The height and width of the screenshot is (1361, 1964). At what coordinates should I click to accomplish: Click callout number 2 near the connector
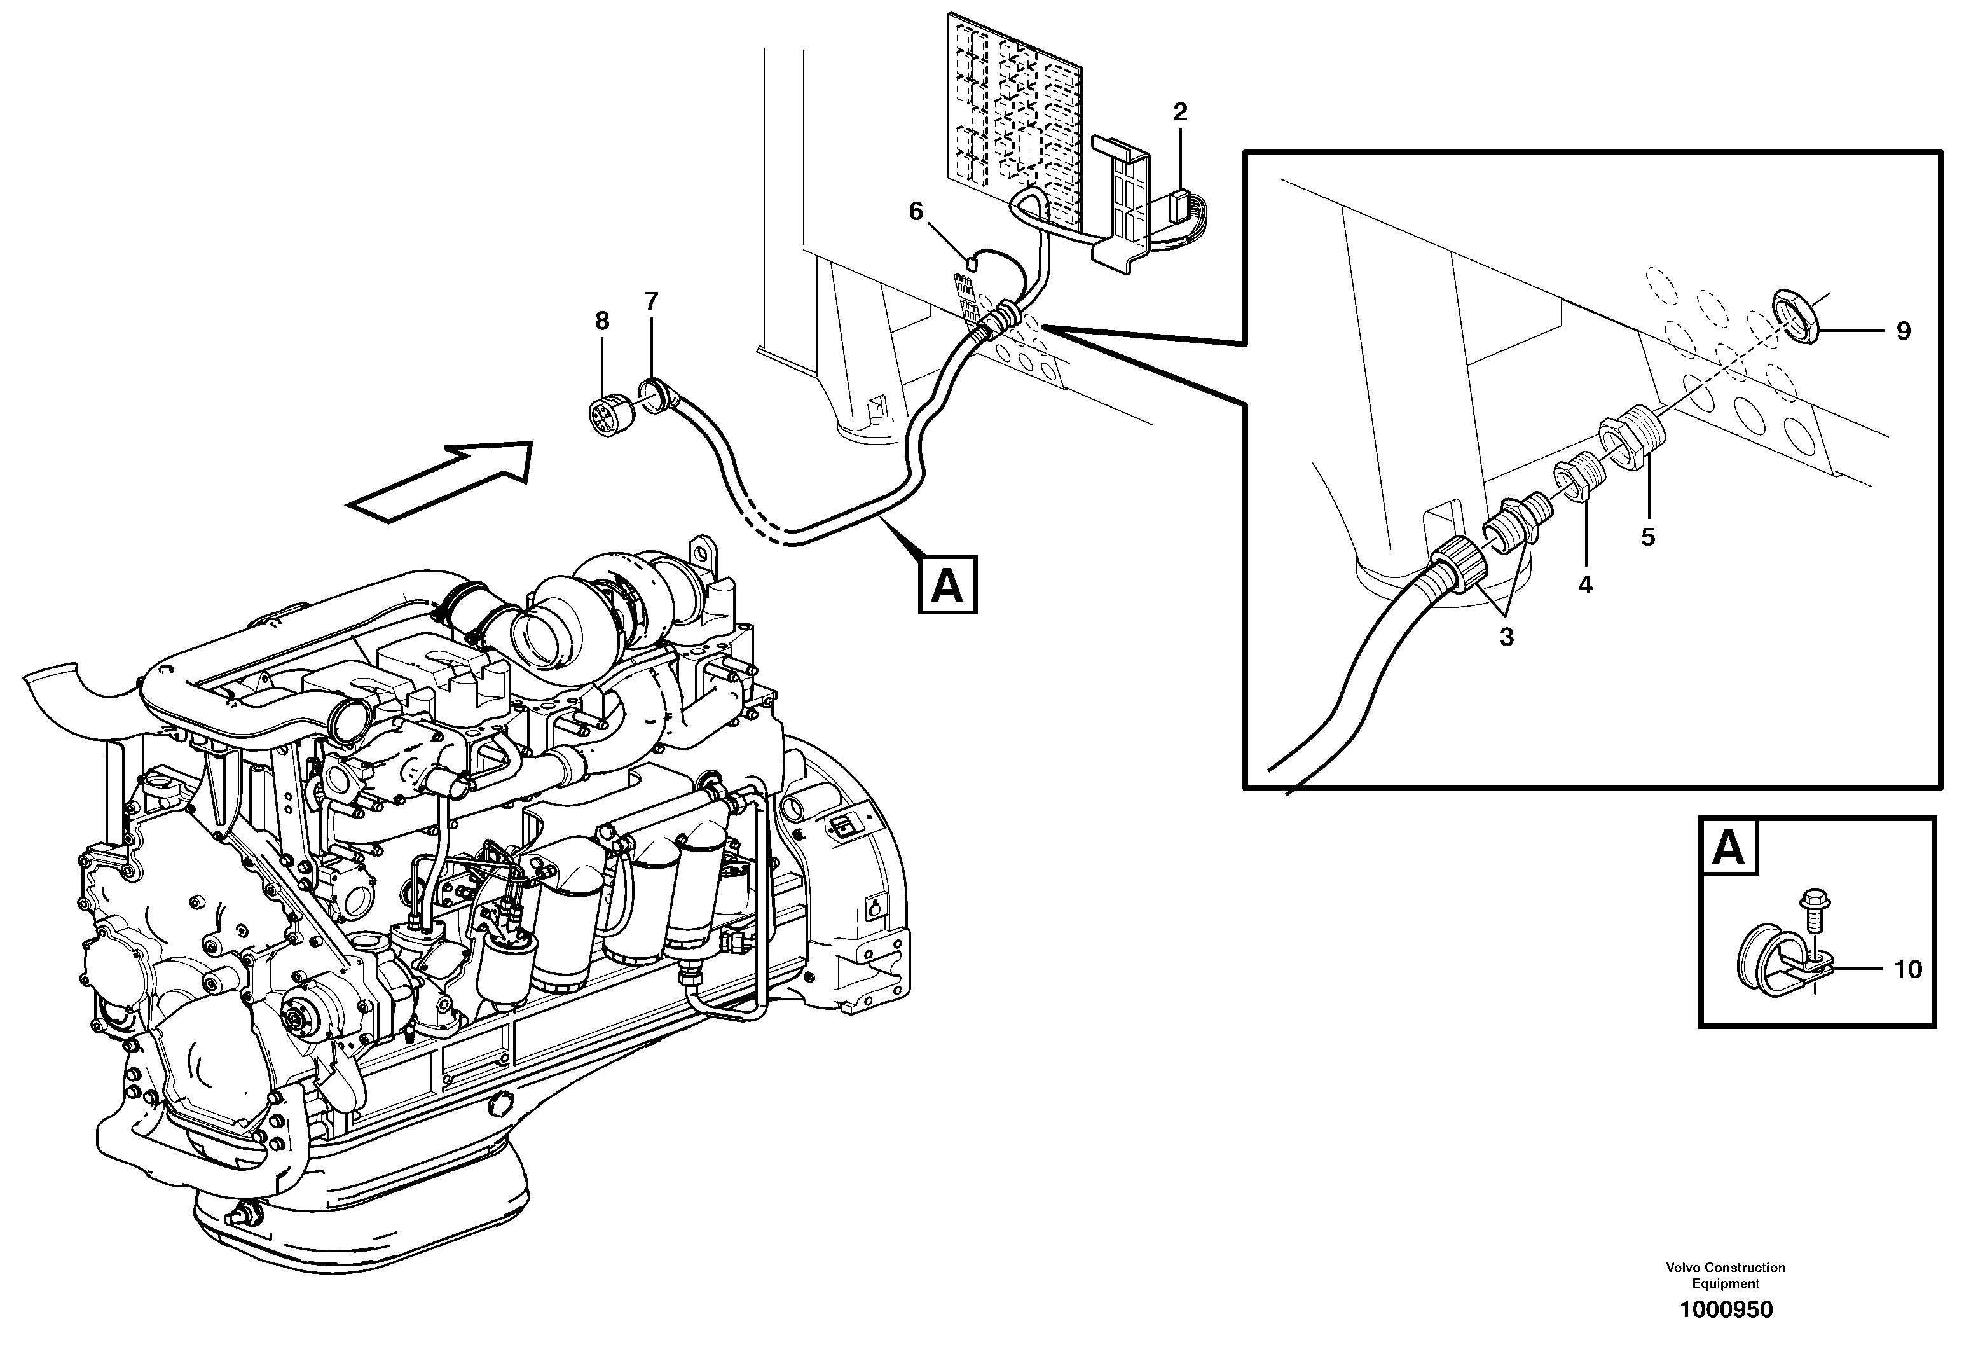[x=1180, y=112]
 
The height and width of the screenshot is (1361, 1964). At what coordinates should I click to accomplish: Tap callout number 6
[x=916, y=212]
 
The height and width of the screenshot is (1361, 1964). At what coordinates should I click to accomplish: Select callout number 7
[x=651, y=301]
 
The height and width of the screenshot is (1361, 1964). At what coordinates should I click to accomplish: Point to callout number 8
[x=602, y=322]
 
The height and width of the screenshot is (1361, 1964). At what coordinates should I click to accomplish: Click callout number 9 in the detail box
[x=1902, y=331]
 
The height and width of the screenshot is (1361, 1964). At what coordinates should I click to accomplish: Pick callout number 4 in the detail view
[x=1584, y=585]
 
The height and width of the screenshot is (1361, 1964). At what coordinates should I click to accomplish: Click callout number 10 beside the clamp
[x=1908, y=970]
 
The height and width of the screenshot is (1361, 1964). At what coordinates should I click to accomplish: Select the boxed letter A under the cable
[x=947, y=586]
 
